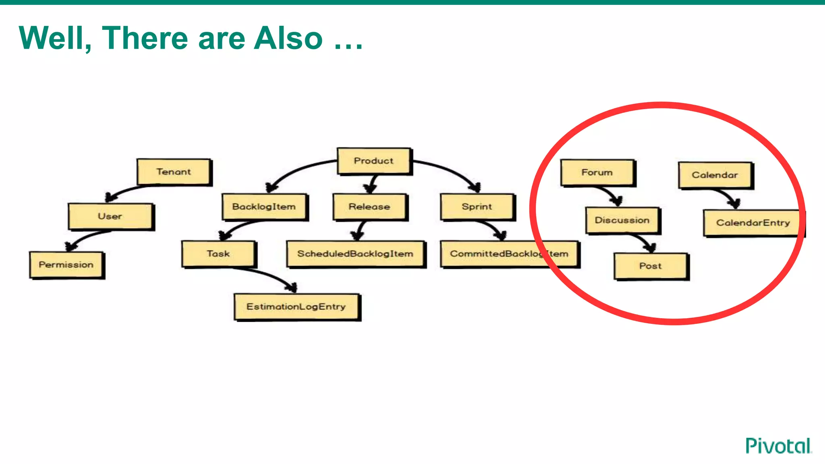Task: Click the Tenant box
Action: point(174,172)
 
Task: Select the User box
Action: point(110,216)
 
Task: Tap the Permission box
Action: point(66,265)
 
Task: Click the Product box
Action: point(374,161)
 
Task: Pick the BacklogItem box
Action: point(264,207)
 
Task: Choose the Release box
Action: point(370,207)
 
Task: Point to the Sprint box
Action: point(477,207)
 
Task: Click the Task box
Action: point(218,254)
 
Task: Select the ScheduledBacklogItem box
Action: point(355,254)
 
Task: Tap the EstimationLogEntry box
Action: point(296,307)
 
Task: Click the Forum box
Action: point(597,172)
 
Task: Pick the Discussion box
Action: point(622,220)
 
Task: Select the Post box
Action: point(651,266)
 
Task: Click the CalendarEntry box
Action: point(752,223)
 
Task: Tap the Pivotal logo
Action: point(778,446)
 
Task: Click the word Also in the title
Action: point(288,38)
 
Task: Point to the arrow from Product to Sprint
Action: point(447,170)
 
